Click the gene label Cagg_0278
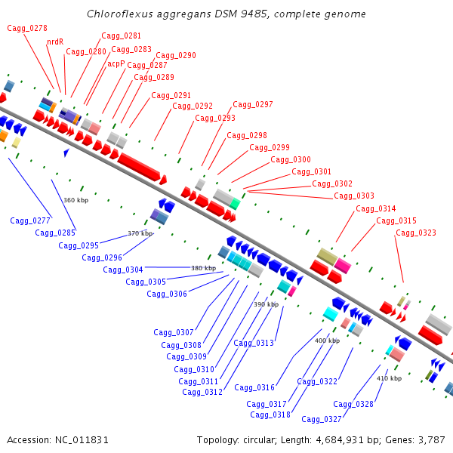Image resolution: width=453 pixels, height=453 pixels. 27,28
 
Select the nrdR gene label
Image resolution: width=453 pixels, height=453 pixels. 55,42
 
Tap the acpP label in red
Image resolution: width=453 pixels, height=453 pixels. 116,63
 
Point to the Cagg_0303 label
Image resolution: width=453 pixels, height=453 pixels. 354,196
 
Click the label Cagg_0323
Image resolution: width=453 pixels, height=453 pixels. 416,233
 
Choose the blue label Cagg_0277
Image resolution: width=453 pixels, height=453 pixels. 30,220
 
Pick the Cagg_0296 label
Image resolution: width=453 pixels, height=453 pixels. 103,257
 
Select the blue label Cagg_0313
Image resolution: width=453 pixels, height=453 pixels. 254,343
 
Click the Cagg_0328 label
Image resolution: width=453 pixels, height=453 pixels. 353,404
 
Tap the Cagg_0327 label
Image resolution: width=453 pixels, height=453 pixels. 322,419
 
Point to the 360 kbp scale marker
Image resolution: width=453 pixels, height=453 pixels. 75,200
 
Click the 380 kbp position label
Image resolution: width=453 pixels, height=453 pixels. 203,268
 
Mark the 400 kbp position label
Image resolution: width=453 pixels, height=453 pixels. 327,341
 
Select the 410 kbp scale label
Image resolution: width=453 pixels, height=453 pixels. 388,378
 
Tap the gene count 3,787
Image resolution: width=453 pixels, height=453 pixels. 430,439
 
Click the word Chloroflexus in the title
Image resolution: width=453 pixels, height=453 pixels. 114,14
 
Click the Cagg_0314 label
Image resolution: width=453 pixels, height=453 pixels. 376,208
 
